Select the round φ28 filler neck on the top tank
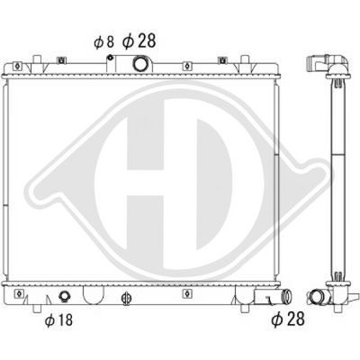[140, 65]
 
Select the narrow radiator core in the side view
[338, 180]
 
